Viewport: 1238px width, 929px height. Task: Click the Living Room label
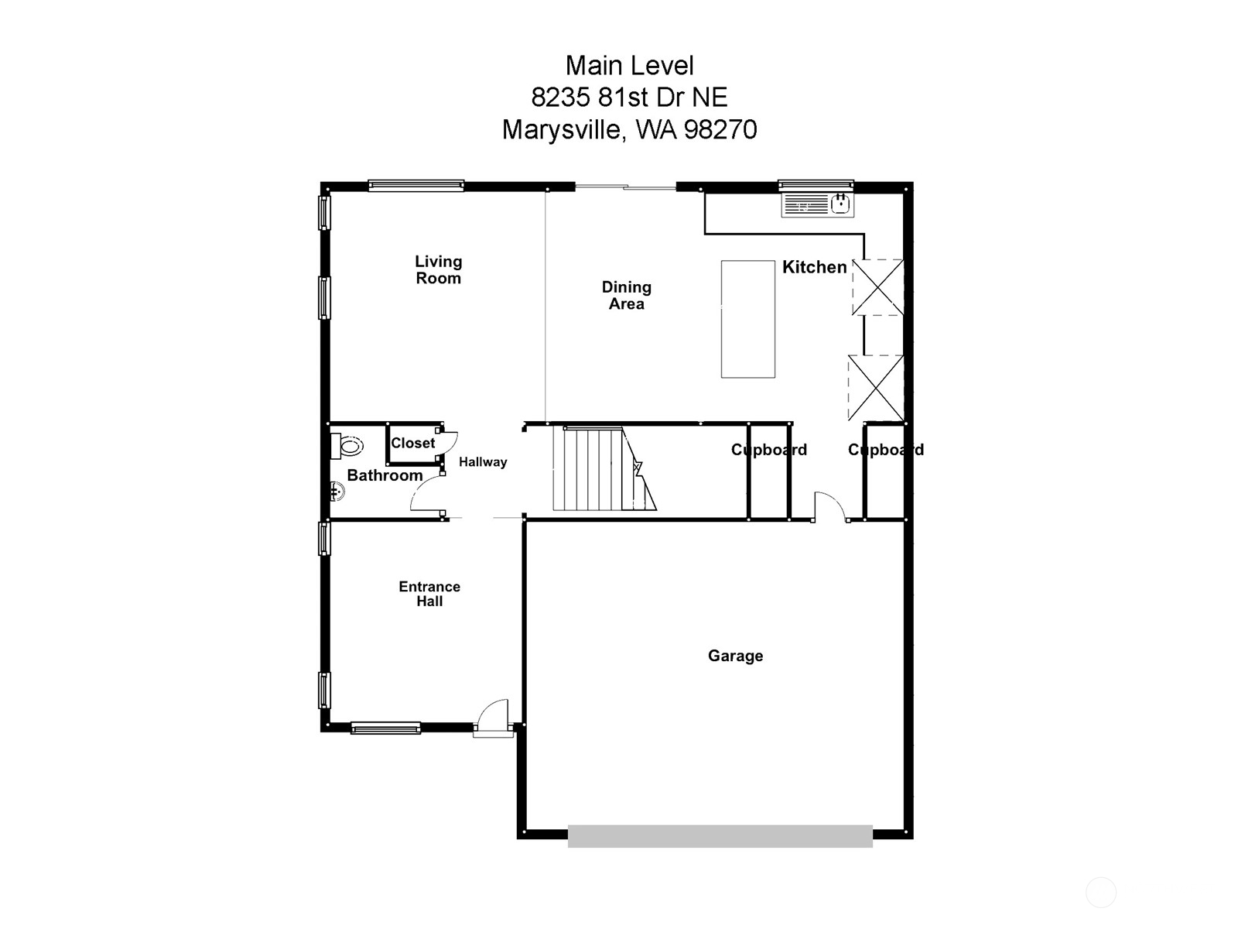(438, 270)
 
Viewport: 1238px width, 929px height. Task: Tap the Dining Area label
(626, 296)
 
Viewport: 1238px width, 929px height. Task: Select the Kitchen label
(814, 267)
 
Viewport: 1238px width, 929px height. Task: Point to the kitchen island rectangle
(747, 319)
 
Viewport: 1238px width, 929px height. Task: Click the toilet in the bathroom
(347, 446)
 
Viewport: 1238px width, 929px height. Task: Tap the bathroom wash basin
(336, 491)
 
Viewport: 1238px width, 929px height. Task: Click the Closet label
(412, 444)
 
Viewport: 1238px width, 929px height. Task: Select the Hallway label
(483, 462)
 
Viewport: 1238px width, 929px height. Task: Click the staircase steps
(592, 469)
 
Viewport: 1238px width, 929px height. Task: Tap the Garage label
(735, 656)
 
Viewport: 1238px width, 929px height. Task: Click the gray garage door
(720, 836)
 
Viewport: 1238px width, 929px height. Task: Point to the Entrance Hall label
(429, 594)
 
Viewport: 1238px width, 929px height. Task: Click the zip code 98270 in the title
(720, 129)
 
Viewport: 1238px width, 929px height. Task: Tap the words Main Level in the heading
(629, 66)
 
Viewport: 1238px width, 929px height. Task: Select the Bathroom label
(385, 475)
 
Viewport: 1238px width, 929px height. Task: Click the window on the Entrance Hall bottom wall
(385, 728)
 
